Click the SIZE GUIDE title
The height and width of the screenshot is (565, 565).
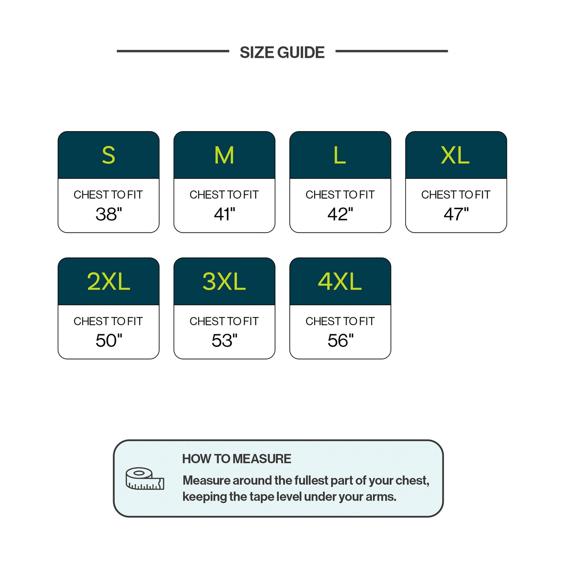tap(282, 52)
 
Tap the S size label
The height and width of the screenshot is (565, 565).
tap(108, 155)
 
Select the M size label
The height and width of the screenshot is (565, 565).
tap(224, 155)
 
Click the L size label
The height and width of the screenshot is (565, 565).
tap(340, 155)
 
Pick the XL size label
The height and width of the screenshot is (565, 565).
tap(455, 155)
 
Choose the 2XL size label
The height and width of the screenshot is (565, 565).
tap(108, 281)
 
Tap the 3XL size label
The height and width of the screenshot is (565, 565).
tap(224, 281)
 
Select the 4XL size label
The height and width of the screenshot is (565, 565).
tap(340, 281)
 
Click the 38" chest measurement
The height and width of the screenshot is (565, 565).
tap(109, 214)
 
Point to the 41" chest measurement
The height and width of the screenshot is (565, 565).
tap(224, 214)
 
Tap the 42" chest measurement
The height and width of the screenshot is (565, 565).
tap(340, 214)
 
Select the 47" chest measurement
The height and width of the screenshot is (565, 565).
tap(456, 214)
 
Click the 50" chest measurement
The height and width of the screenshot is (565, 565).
tap(109, 341)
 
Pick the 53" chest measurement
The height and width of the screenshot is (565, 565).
tap(224, 341)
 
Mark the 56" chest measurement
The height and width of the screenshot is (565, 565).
tap(341, 341)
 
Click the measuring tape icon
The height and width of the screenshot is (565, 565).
tap(145, 479)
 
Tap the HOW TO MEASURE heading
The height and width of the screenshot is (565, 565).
tap(237, 459)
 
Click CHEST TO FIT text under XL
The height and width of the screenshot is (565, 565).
tap(456, 195)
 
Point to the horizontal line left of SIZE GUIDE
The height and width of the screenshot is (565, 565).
tap(173, 51)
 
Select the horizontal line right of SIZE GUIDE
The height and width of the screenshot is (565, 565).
tap(391, 51)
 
